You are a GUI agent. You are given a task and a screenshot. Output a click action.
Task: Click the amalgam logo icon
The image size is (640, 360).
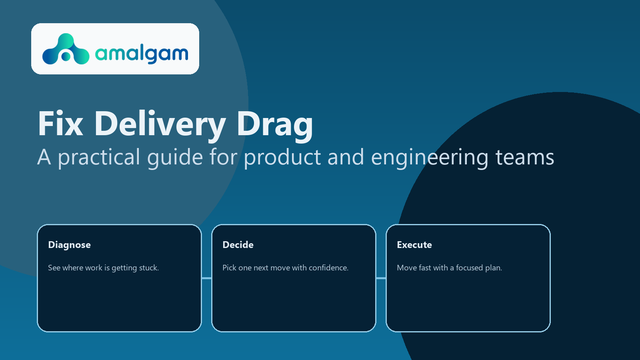[x=66, y=50]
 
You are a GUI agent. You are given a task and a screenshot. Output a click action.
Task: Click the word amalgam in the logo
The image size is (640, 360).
[x=142, y=53]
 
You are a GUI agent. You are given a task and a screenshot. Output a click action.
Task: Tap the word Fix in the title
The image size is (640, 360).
[x=60, y=124]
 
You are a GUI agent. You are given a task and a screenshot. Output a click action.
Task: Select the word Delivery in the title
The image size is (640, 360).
[x=160, y=124]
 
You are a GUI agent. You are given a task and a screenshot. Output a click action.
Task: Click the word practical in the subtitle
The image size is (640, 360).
[x=99, y=157]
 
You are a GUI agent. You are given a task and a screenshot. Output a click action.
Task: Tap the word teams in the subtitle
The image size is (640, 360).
[x=525, y=157]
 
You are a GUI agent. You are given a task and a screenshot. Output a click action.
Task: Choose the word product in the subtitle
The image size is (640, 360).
[x=282, y=157]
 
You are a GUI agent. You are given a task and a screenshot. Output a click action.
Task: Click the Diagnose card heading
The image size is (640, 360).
[x=69, y=245]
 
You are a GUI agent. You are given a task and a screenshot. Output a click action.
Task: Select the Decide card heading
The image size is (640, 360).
[x=238, y=245]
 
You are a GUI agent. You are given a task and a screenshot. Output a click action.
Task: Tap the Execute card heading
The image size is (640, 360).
[x=414, y=245]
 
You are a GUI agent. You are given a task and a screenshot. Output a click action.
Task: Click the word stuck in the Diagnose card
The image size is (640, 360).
[x=149, y=268]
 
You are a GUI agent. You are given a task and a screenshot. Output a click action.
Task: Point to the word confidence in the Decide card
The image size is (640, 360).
[x=328, y=268]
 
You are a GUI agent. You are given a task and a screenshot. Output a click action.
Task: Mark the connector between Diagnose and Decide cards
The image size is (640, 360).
[x=206, y=278]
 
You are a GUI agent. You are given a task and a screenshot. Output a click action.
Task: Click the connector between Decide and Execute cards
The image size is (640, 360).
[x=381, y=278]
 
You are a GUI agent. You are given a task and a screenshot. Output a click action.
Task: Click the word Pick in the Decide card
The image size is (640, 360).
[x=229, y=268]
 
